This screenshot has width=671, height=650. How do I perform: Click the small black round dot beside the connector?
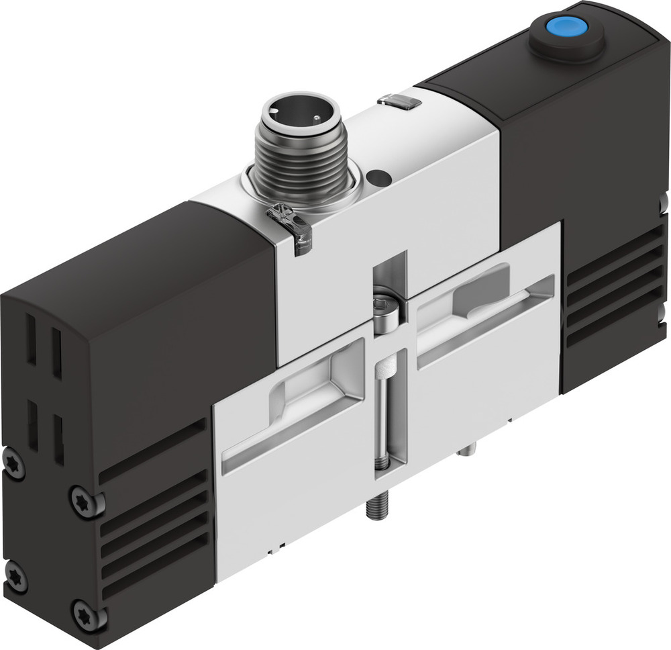tap(379, 178)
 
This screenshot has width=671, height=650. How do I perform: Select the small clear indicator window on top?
tap(399, 101)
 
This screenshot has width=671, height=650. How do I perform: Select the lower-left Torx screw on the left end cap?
tap(15, 577)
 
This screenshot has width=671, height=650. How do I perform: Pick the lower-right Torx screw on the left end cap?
tap(88, 614)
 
